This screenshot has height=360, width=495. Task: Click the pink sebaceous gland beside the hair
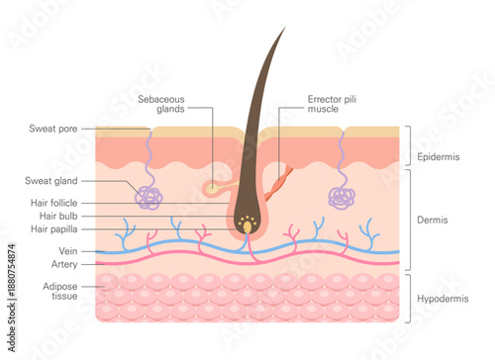[212, 186]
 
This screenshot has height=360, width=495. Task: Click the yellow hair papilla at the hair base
[247, 227]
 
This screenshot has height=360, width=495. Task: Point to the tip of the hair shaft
[283, 29]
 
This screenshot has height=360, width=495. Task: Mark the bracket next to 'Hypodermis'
[407, 298]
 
